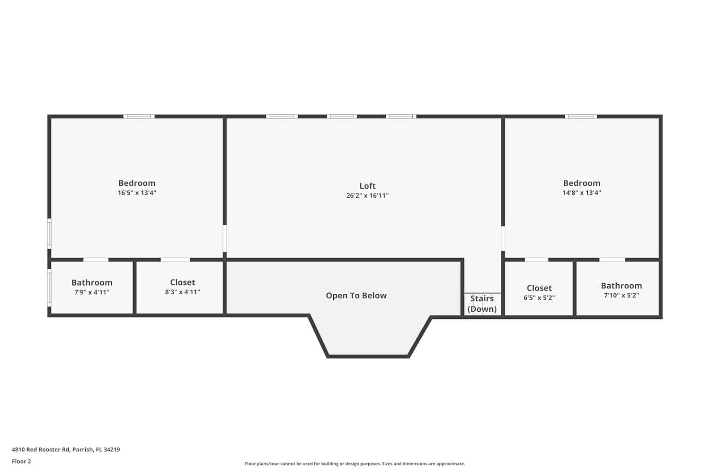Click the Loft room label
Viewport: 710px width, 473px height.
click(x=367, y=186)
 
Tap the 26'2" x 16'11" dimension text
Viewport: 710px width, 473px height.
click(x=367, y=195)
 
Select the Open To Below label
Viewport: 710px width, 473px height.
click(x=356, y=296)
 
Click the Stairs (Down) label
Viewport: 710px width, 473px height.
click(x=482, y=304)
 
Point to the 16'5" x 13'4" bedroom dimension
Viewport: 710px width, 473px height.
click(x=137, y=193)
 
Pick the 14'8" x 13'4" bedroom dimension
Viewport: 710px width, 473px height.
click(x=582, y=193)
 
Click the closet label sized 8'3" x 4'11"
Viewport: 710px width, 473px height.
click(x=182, y=282)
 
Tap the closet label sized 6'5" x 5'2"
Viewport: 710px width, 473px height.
click(x=539, y=288)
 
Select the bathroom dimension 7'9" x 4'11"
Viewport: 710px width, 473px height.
click(x=92, y=292)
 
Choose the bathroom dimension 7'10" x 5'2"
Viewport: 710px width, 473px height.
click(x=621, y=295)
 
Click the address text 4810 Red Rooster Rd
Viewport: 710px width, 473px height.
click(x=66, y=449)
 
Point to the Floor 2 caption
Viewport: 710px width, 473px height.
click(x=21, y=461)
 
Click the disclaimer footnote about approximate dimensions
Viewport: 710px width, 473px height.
click(x=355, y=464)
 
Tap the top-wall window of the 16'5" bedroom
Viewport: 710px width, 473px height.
click(x=139, y=116)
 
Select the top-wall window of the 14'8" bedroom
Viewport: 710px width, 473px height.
click(x=580, y=116)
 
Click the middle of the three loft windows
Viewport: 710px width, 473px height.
click(x=341, y=116)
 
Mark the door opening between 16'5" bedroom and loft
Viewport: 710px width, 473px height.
click(x=225, y=238)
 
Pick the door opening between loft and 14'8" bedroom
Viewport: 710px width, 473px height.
click(x=503, y=238)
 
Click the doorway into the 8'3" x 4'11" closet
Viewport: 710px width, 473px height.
click(x=175, y=260)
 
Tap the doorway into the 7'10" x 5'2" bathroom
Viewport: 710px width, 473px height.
click(x=612, y=260)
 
